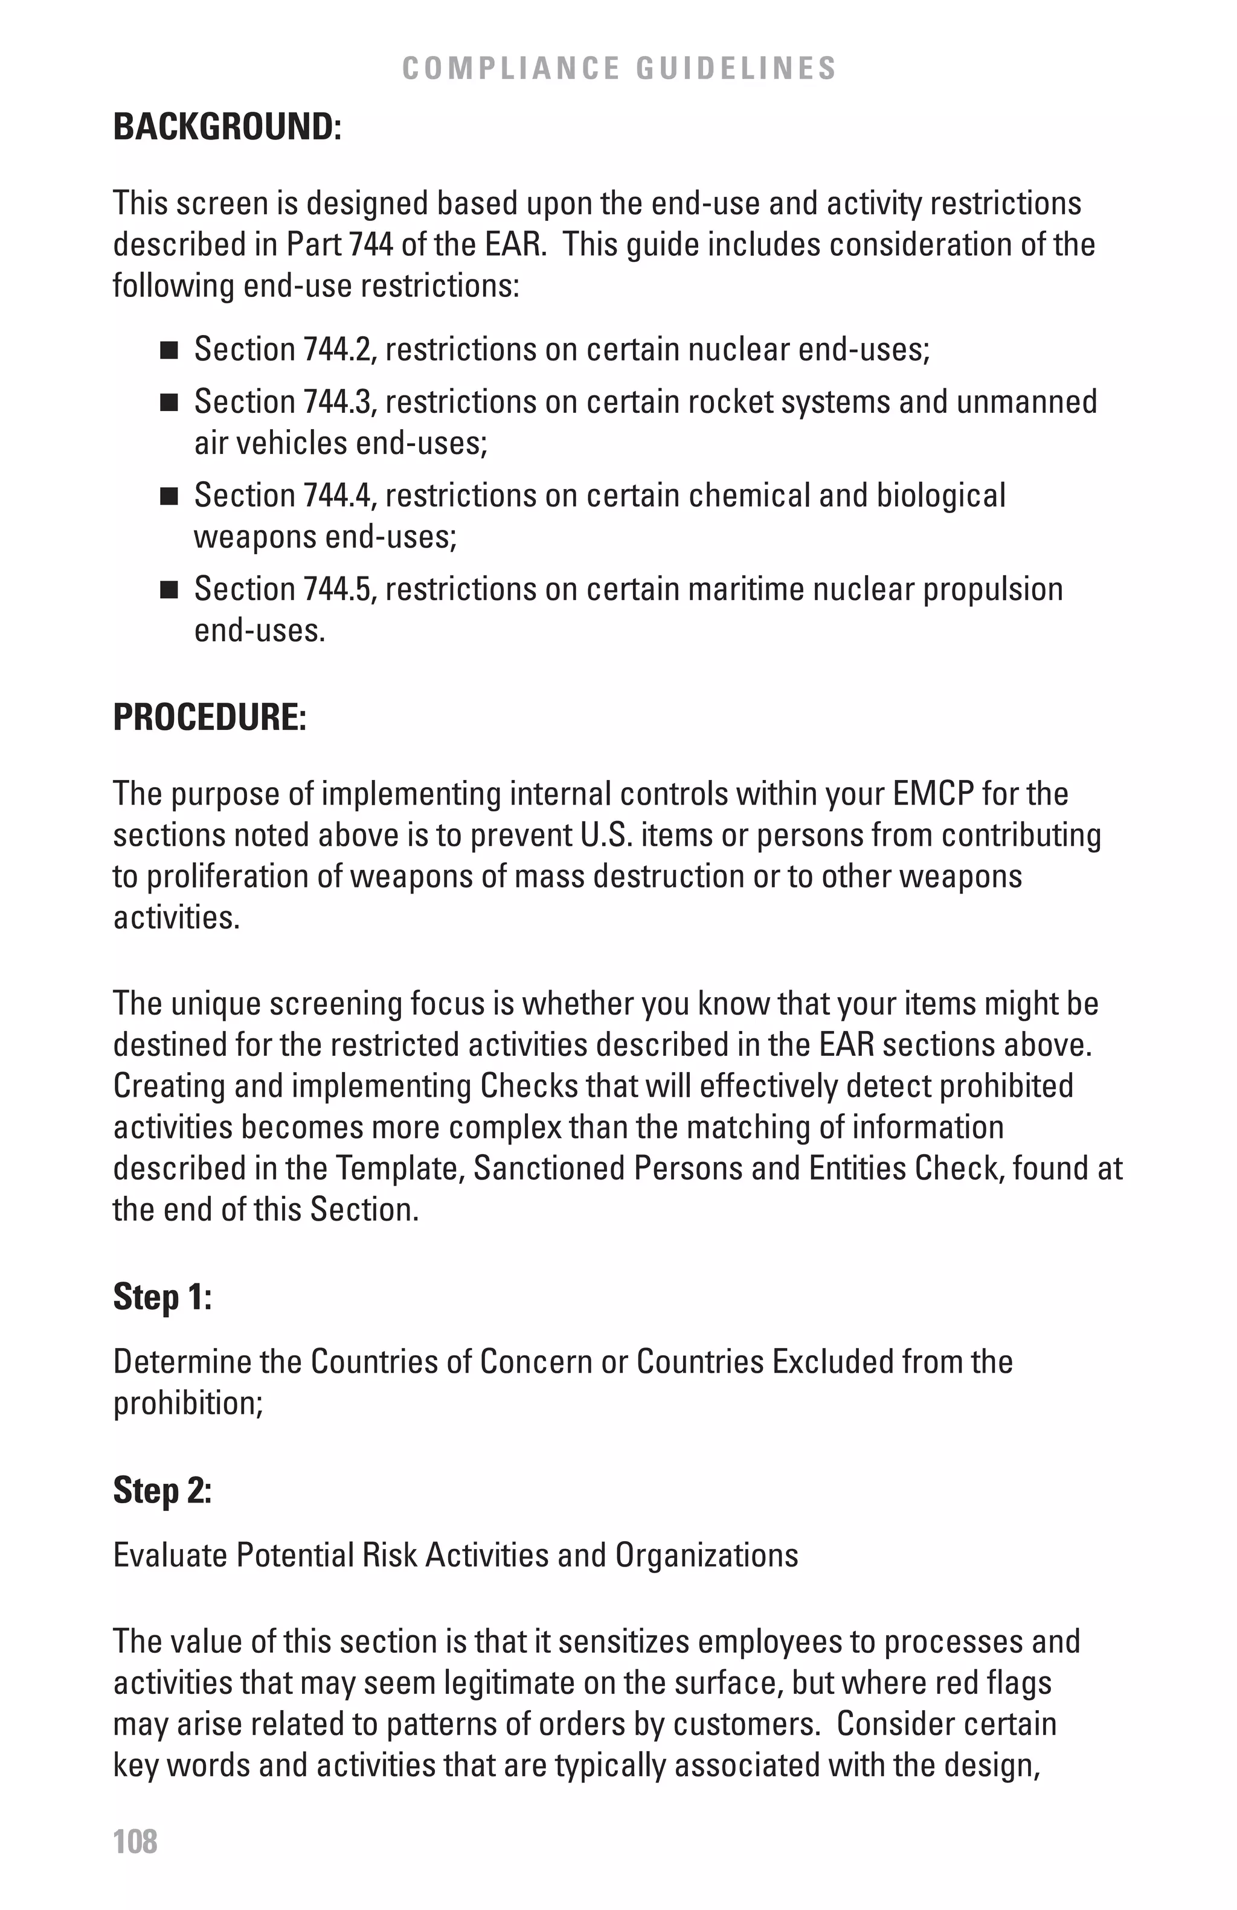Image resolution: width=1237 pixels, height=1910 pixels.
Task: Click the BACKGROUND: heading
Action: (x=227, y=127)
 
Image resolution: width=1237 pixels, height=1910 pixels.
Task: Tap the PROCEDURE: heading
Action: (x=210, y=717)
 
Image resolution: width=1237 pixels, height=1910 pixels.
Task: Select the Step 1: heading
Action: (x=162, y=1296)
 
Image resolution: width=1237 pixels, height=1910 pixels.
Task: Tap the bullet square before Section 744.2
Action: (x=169, y=351)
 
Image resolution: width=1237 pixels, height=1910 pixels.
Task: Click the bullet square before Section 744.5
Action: (x=169, y=590)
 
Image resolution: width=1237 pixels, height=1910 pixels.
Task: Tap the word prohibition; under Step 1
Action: (x=188, y=1404)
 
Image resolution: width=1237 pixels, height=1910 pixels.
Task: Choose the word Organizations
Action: (x=707, y=1554)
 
